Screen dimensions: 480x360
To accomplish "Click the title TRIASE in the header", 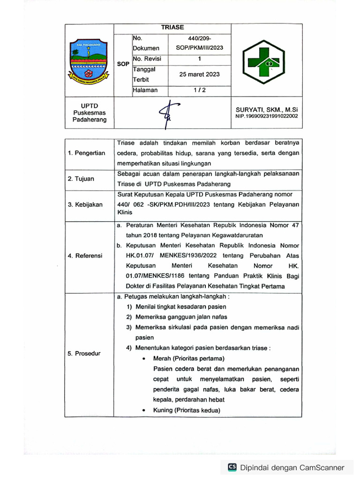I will (172, 28).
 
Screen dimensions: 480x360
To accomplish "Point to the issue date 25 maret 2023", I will (199, 74).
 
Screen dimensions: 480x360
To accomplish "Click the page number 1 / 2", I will (199, 90).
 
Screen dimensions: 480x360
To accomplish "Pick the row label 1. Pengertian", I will (87, 153).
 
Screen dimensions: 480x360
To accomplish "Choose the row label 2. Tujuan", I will (81, 179).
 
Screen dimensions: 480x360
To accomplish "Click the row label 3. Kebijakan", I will (85, 204).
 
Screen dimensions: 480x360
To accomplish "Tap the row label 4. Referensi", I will (86, 256).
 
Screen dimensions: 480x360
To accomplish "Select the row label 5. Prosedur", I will (84, 353).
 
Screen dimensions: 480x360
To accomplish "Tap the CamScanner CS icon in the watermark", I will (232, 467).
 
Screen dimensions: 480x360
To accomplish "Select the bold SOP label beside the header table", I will (123, 64).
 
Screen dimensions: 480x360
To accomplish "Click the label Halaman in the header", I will (145, 90).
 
